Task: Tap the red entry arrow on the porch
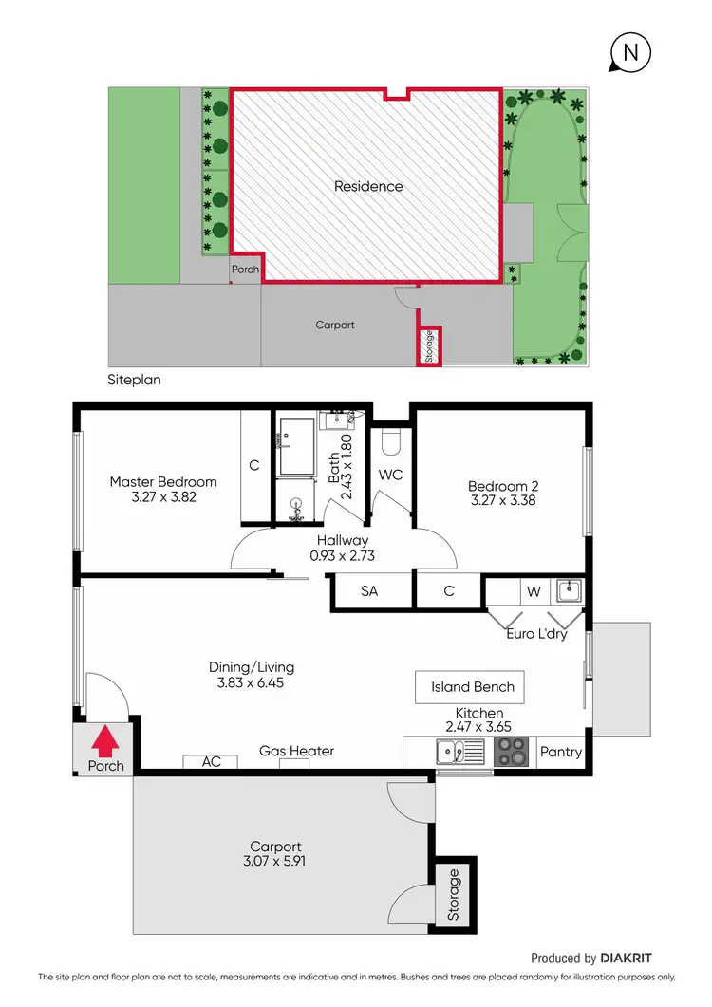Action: (105, 740)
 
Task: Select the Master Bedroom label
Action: (162, 481)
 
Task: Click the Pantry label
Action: (560, 752)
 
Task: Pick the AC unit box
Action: (212, 761)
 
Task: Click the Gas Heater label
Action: (296, 751)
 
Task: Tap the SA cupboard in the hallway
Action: (369, 590)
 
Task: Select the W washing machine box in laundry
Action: (534, 591)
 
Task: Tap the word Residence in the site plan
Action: (368, 186)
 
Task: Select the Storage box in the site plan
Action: (428, 345)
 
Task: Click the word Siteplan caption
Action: (134, 380)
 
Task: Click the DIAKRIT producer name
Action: (628, 959)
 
